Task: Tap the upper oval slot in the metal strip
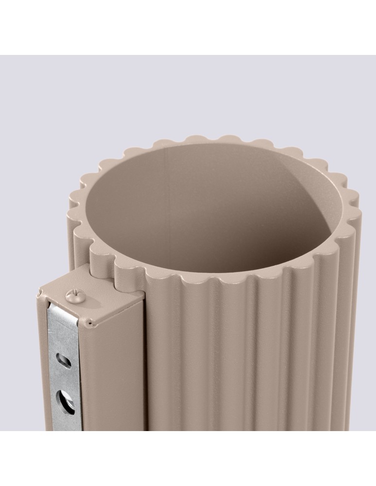coord(64,360)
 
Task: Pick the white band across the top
coord(188,27)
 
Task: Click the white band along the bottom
coord(188,459)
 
